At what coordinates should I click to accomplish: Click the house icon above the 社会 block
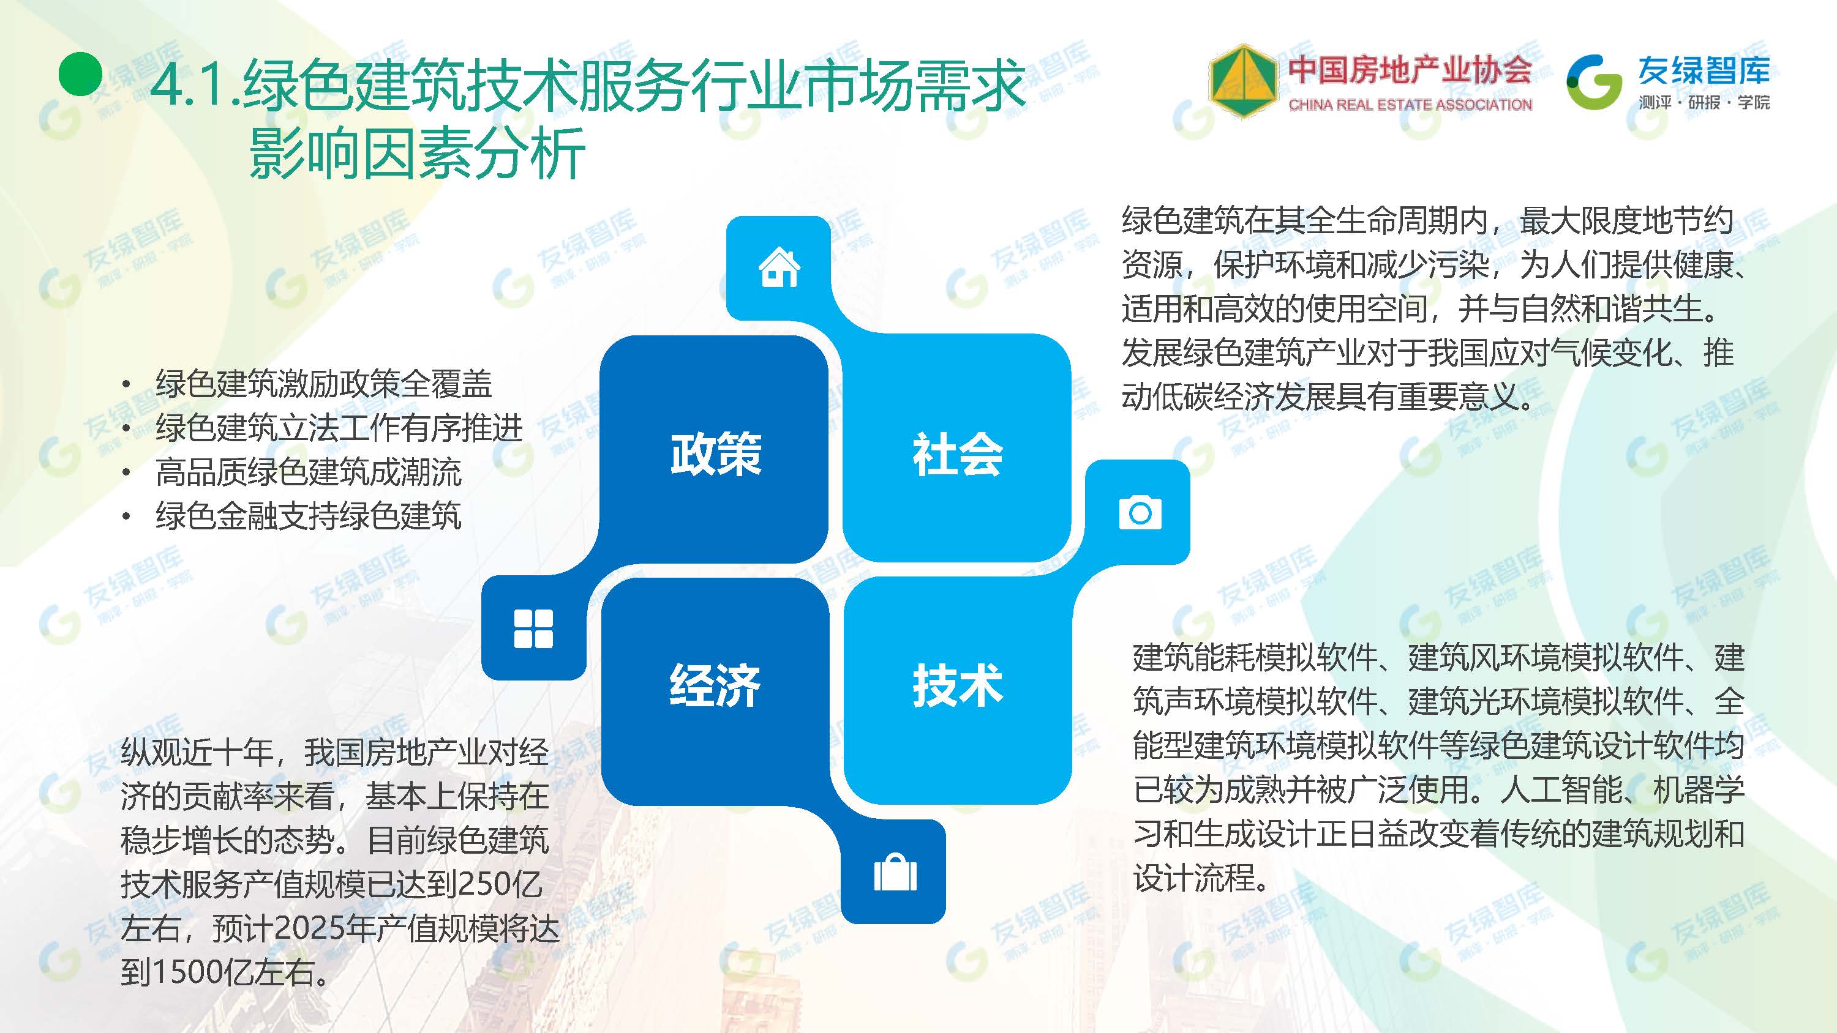tap(780, 267)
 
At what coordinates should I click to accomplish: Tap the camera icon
tap(1140, 513)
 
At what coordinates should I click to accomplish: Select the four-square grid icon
tap(533, 628)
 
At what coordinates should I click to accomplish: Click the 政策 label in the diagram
tap(716, 453)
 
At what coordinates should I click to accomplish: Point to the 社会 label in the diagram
tap(958, 454)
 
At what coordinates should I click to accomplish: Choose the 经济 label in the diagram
tap(715, 685)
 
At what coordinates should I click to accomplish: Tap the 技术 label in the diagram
tap(958, 685)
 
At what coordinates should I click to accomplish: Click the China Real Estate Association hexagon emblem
tap(1243, 81)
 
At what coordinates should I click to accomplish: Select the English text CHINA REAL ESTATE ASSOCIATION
tap(1410, 105)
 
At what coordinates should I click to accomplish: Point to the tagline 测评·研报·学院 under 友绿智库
tap(1704, 103)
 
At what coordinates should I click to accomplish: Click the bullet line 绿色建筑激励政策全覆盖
tap(324, 384)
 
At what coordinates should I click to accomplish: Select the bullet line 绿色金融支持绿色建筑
tap(309, 515)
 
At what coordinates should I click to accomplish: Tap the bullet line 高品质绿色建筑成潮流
tap(309, 471)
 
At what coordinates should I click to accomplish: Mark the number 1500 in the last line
tap(187, 972)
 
